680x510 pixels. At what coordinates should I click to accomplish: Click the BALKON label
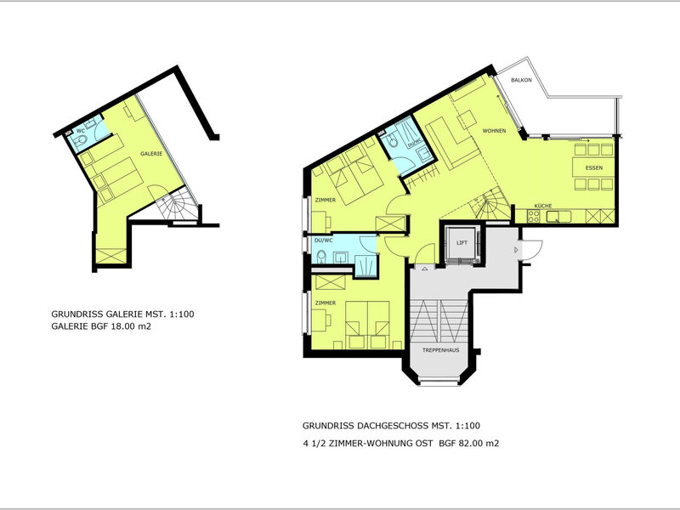[x=521, y=80]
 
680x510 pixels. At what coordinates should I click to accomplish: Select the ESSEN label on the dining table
[x=594, y=168]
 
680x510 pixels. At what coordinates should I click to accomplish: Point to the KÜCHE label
[x=544, y=207]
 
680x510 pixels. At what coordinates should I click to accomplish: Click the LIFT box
[x=462, y=243]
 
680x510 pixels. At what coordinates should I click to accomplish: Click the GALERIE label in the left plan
[x=153, y=154]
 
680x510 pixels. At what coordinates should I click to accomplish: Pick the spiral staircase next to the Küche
[x=496, y=205]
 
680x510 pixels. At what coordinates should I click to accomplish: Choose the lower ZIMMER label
[x=325, y=303]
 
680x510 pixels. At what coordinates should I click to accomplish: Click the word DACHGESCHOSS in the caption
[x=388, y=425]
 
